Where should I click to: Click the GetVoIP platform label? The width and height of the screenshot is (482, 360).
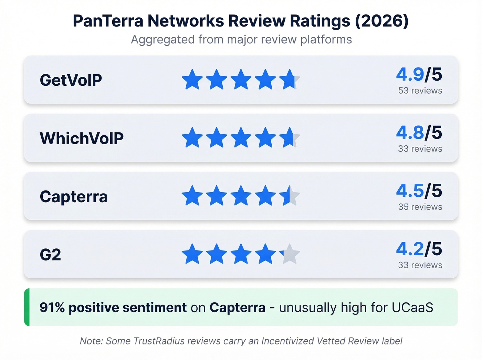click(x=71, y=80)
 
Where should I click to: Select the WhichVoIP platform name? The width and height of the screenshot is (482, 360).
click(x=82, y=138)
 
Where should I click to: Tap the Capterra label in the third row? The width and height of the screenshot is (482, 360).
click(x=74, y=197)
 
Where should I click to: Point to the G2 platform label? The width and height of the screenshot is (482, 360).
click(x=50, y=255)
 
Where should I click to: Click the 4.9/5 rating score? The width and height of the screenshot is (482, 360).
click(x=419, y=74)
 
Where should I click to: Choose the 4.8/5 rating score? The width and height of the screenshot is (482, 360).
click(x=419, y=133)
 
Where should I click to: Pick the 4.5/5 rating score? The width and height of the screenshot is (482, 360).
click(x=419, y=191)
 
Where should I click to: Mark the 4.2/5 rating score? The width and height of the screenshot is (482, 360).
click(x=419, y=249)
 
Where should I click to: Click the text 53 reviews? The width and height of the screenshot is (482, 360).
click(x=420, y=91)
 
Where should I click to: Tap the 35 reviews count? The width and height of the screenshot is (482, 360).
click(x=420, y=207)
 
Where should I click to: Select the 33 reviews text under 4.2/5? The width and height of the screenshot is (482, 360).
click(x=420, y=265)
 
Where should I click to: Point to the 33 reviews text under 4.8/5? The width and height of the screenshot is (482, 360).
click(x=420, y=149)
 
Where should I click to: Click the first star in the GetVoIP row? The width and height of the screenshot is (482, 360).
click(x=192, y=80)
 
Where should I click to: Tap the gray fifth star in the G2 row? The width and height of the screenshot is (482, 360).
click(x=290, y=254)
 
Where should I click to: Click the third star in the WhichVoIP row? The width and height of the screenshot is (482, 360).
click(x=241, y=138)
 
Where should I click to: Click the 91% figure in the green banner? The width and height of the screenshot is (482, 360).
click(x=52, y=308)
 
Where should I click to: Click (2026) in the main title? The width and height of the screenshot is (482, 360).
click(x=381, y=21)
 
